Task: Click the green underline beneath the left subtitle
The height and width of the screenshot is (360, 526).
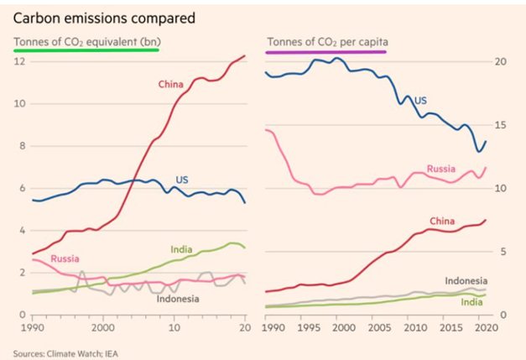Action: coord(86,50)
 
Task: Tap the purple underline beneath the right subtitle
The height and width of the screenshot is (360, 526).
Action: coord(326,52)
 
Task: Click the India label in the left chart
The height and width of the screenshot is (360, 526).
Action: coord(182,248)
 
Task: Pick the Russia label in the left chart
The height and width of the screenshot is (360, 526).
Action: coord(64,258)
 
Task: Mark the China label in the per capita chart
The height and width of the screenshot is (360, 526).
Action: coord(441,221)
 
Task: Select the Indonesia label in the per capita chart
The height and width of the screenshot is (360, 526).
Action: coord(467,279)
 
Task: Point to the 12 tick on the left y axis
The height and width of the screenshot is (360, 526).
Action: coord(20,62)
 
